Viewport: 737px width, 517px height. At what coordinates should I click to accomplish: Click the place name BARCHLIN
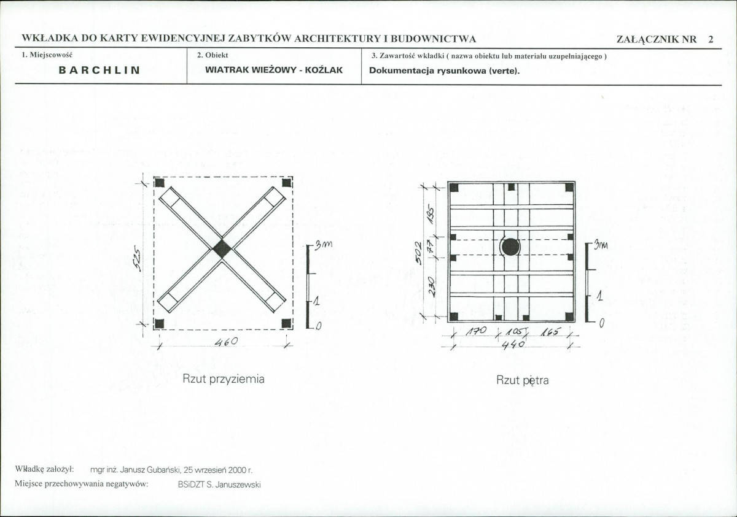(99, 70)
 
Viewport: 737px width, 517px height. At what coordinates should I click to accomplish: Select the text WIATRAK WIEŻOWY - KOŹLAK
(274, 70)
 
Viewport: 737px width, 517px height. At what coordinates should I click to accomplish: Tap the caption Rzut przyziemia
(224, 380)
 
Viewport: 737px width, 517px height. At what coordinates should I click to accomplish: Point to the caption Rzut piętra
(523, 380)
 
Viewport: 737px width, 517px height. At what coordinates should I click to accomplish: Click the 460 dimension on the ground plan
(226, 341)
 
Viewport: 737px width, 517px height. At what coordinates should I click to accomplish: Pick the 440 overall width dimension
(513, 345)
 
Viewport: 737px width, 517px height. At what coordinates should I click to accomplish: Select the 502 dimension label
(418, 253)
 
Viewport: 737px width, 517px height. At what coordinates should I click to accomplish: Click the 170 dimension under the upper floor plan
(476, 331)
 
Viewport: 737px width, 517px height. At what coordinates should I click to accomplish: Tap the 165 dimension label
(549, 332)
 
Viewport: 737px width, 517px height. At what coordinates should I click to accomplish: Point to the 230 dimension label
(432, 287)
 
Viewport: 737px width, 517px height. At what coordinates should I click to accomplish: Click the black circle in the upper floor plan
(510, 247)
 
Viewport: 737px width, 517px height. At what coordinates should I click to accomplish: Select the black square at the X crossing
(222, 248)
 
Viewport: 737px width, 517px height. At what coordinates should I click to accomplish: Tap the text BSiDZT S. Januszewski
(219, 484)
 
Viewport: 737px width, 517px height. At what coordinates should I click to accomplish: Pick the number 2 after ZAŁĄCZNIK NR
(711, 39)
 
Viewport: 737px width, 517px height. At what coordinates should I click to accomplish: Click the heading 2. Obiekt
(213, 55)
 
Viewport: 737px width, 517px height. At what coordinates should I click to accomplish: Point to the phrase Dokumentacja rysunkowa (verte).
(444, 71)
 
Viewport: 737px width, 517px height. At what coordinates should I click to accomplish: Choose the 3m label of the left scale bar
(324, 245)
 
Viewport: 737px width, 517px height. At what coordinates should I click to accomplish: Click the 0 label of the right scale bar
(601, 324)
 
